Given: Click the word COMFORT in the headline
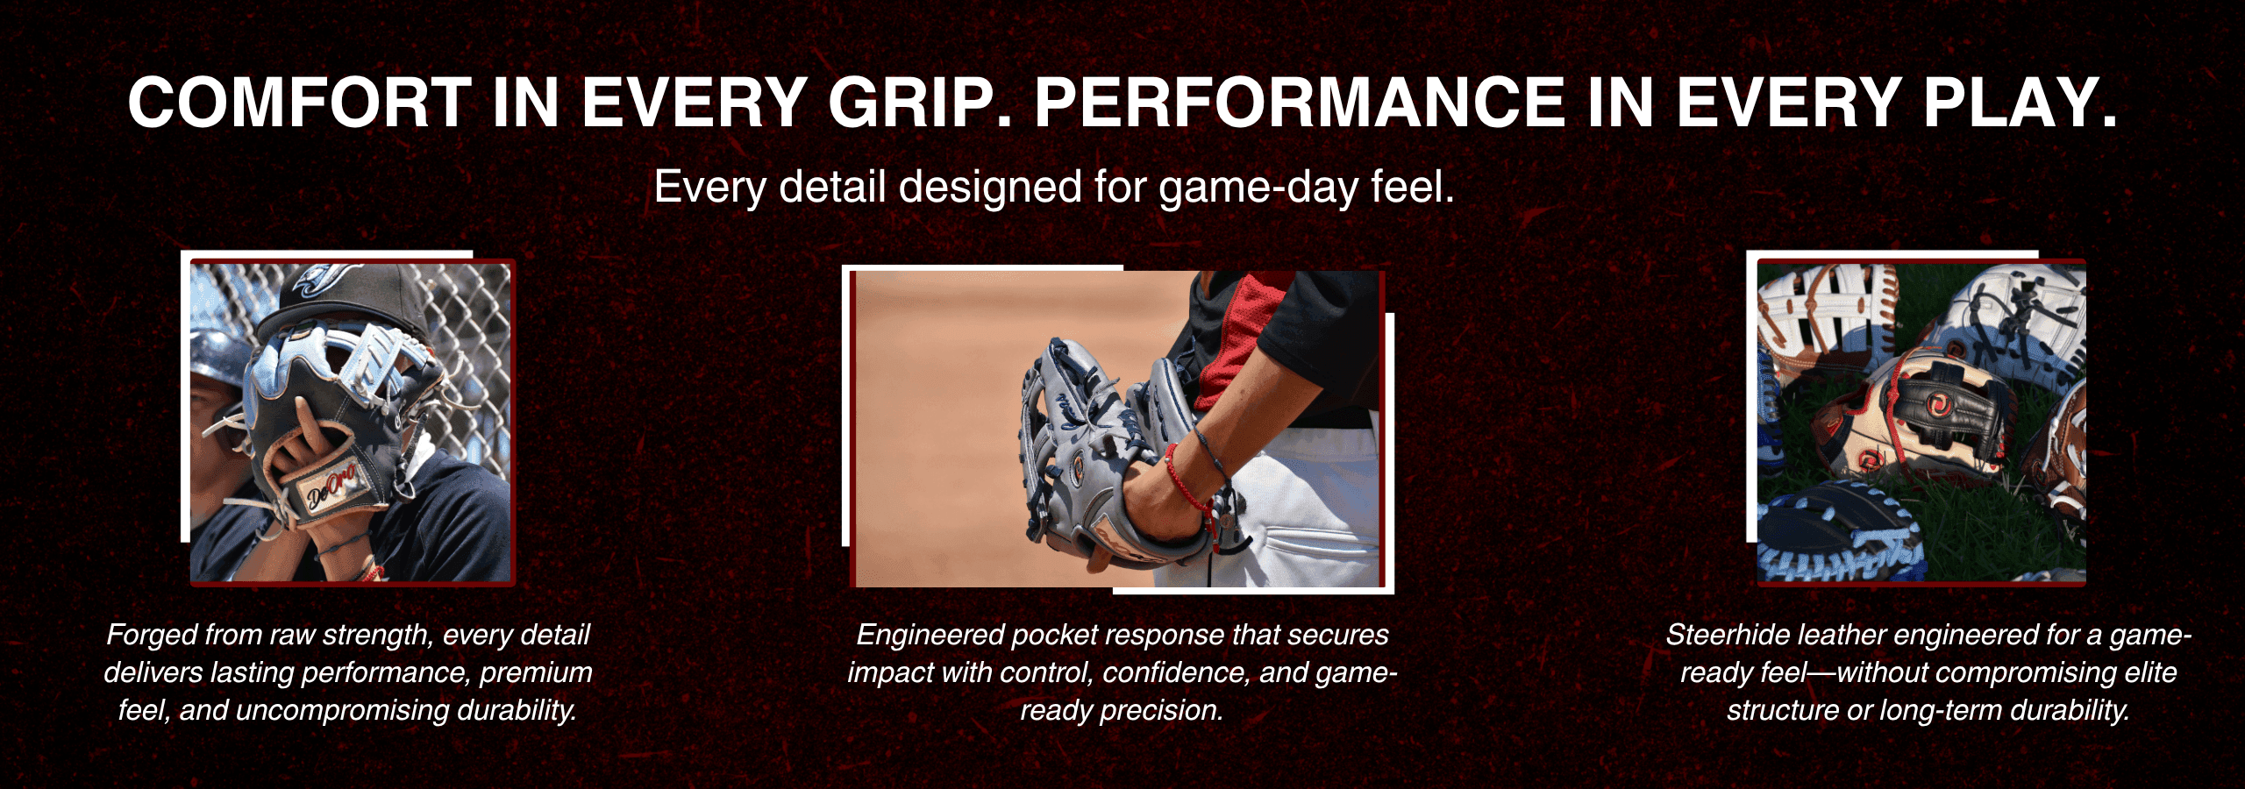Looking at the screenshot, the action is coord(300,103).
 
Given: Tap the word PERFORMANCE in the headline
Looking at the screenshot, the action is coord(1300,103).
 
